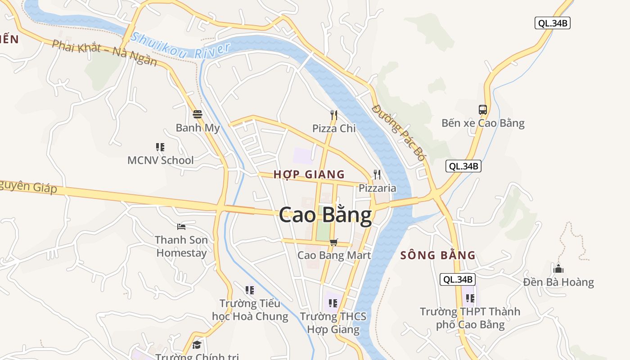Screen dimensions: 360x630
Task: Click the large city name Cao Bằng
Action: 325,215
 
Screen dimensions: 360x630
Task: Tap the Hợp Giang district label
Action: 309,174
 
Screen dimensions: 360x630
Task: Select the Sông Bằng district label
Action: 438,255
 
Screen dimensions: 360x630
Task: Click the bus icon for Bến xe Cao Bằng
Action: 483,109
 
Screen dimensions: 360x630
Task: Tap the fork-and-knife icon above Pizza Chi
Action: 333,115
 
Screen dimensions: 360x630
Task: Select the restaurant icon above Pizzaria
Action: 377,175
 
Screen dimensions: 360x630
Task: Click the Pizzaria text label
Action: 377,188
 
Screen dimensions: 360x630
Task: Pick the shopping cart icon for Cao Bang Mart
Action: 333,243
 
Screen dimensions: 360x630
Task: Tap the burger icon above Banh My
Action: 197,114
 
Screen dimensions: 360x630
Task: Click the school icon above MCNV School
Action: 160,147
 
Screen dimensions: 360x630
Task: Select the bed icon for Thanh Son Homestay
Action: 181,226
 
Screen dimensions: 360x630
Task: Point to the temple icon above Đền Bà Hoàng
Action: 558,269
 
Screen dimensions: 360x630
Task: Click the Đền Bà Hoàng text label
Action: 558,282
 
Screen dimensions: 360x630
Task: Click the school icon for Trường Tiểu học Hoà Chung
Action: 250,290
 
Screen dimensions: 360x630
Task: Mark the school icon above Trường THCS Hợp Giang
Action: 333,303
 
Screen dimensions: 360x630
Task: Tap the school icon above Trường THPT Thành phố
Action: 470,298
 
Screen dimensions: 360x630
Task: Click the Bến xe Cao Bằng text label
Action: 483,123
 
